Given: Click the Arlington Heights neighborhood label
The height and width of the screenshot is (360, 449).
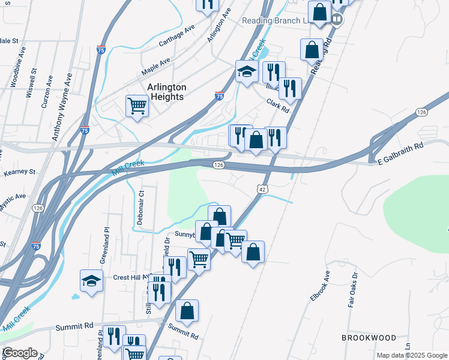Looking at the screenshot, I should (167, 92).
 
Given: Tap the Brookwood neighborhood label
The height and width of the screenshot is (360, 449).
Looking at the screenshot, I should (369, 338).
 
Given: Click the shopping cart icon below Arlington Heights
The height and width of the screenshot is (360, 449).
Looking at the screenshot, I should (137, 107).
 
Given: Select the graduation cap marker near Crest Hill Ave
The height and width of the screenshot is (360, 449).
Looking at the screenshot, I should (91, 281).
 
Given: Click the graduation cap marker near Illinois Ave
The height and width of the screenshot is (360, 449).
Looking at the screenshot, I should (247, 72).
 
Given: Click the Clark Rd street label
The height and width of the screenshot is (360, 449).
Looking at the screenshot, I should (278, 106).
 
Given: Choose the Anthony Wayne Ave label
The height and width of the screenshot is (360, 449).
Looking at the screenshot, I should (62, 108).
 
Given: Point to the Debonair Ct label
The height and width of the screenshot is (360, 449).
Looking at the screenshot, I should (140, 207).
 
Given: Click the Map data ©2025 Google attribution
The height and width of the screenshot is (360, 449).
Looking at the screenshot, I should (412, 355).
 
